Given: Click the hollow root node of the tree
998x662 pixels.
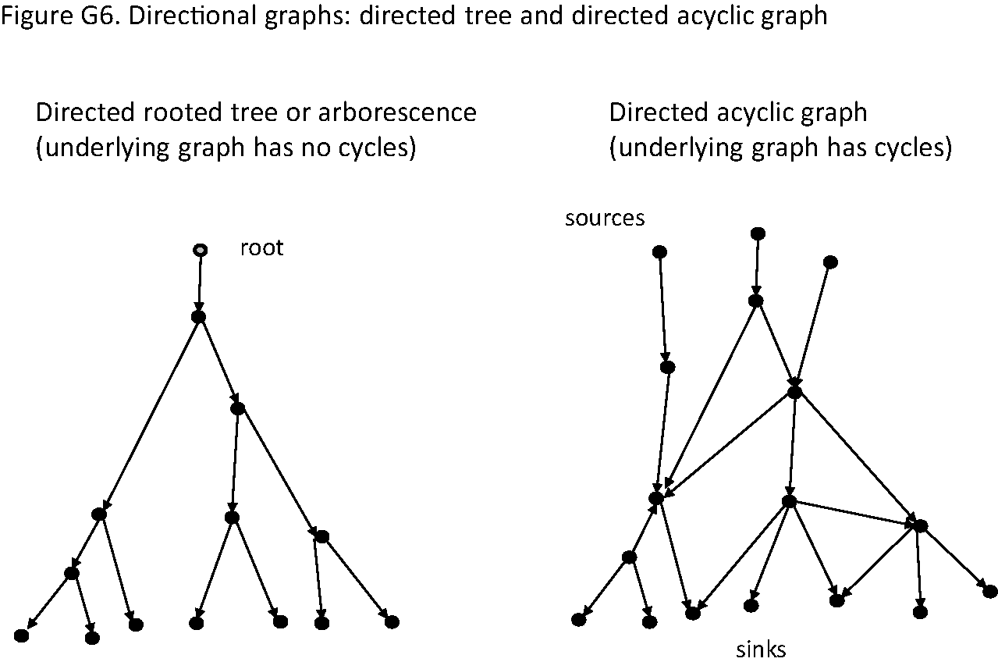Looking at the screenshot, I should pyautogui.click(x=201, y=250).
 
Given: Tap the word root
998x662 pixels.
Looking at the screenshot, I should pyautogui.click(x=261, y=249).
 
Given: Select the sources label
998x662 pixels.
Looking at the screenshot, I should pyautogui.click(x=605, y=218).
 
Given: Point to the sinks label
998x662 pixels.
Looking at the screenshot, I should pyautogui.click(x=761, y=649).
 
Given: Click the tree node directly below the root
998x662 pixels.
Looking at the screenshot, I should pyautogui.click(x=198, y=316).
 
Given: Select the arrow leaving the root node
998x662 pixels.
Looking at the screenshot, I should pyautogui.click(x=200, y=283).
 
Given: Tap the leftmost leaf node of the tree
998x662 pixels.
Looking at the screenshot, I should pyautogui.click(x=21, y=635).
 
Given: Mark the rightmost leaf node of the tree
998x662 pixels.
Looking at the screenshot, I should pyautogui.click(x=392, y=621).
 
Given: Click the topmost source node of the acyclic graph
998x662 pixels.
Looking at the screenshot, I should pyautogui.click(x=757, y=233).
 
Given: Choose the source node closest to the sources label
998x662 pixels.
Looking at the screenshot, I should pyautogui.click(x=659, y=251).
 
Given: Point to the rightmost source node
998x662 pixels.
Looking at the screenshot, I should pyautogui.click(x=831, y=262).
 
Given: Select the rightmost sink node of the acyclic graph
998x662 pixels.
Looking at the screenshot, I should pyautogui.click(x=990, y=591).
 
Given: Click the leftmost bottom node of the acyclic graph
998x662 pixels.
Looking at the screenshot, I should pyautogui.click(x=578, y=619).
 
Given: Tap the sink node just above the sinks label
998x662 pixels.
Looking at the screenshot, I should pyautogui.click(x=751, y=605).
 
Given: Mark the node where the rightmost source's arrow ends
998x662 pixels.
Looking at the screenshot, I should pyautogui.click(x=794, y=392).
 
